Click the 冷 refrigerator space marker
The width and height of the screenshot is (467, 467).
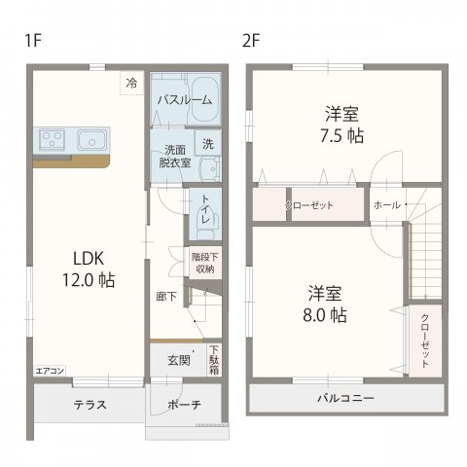pos(130,84)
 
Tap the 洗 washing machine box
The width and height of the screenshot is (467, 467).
pos(208,143)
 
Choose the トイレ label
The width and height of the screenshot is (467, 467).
pos(207,211)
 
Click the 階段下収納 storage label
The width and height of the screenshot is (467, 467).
pos(203,263)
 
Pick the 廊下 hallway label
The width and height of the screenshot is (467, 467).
pos(166,297)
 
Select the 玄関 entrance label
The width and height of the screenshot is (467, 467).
pos(178,359)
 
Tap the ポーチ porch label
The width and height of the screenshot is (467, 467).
pos(184,405)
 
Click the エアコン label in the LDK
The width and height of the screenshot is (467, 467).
pos(50,371)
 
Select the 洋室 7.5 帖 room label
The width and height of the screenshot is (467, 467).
pos(344,125)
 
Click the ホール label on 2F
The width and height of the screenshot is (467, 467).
pos(386,205)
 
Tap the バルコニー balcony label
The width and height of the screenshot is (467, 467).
pos(344,399)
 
